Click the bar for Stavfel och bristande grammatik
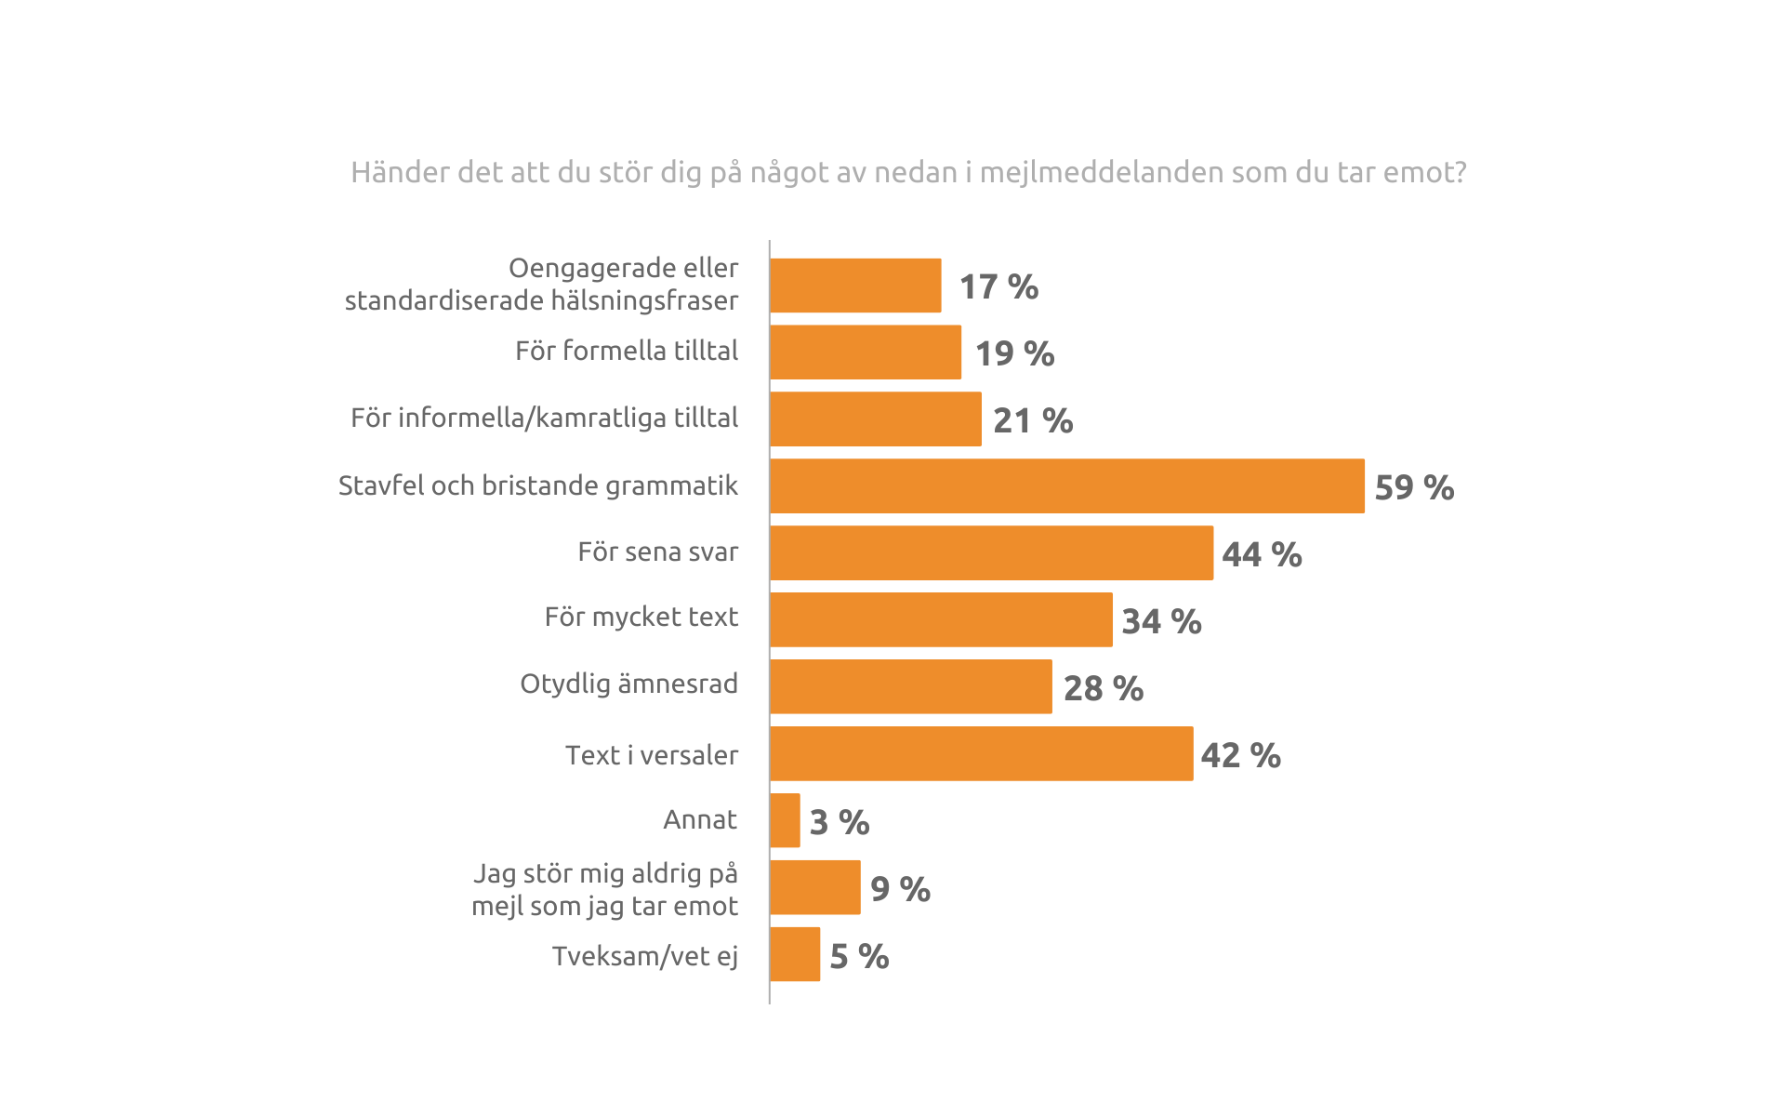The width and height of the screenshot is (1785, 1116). click(x=1067, y=485)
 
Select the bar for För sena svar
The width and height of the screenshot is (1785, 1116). click(x=991, y=552)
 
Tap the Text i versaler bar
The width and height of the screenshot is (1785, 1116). click(x=981, y=753)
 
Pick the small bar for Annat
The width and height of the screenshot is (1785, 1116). click(x=785, y=820)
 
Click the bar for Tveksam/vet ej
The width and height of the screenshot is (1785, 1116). click(x=795, y=954)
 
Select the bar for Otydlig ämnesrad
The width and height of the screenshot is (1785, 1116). click(x=911, y=686)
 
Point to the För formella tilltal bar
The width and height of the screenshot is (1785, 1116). click(x=866, y=352)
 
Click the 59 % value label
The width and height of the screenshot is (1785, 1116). click(x=1414, y=487)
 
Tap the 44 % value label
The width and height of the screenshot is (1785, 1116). click(x=1262, y=554)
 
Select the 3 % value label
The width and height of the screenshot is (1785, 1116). click(x=840, y=822)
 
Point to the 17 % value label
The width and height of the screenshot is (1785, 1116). click(x=998, y=286)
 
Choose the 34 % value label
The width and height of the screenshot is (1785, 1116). click(x=1161, y=621)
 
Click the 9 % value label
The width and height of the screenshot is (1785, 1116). click(x=900, y=889)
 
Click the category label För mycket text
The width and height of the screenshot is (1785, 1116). click(x=641, y=617)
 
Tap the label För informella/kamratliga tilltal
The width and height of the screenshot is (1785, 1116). click(x=544, y=418)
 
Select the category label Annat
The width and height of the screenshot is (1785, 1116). click(x=700, y=819)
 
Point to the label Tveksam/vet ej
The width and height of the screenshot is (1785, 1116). click(x=644, y=956)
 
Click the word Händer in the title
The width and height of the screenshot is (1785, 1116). click(x=400, y=172)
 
